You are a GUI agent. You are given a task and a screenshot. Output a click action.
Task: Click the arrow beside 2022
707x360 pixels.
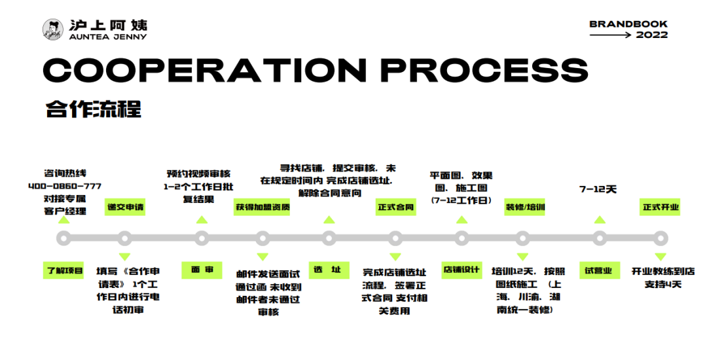[610, 35]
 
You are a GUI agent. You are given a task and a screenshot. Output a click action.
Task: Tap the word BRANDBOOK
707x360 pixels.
[628, 24]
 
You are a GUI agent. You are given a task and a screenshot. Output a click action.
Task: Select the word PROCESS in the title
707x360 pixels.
[484, 70]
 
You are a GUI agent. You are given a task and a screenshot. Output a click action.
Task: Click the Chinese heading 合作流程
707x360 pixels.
[93, 108]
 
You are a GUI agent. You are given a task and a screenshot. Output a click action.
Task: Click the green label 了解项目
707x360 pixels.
[64, 270]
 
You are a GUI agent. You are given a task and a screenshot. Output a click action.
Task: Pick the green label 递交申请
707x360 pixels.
[125, 207]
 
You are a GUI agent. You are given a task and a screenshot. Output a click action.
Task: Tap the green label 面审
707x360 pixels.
[202, 270]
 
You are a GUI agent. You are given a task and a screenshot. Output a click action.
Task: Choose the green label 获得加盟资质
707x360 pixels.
[263, 207]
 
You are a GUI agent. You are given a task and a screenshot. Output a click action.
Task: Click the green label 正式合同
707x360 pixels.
[395, 207]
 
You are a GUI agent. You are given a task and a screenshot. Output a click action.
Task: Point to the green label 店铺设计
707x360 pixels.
[462, 270]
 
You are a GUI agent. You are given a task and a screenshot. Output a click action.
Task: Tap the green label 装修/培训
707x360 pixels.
[525, 207]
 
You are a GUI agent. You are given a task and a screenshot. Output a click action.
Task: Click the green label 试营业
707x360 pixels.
[598, 270]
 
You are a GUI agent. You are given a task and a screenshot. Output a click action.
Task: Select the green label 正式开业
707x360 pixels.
[661, 207]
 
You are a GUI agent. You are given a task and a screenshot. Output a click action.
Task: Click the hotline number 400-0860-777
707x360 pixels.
[65, 186]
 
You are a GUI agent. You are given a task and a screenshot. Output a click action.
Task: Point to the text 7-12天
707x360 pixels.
[598, 189]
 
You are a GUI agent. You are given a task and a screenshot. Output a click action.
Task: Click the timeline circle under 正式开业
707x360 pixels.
[661, 238]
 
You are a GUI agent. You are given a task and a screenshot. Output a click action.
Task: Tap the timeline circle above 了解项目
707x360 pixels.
[63, 238]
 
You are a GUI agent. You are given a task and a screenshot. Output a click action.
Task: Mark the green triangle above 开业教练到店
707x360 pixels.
[661, 257]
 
